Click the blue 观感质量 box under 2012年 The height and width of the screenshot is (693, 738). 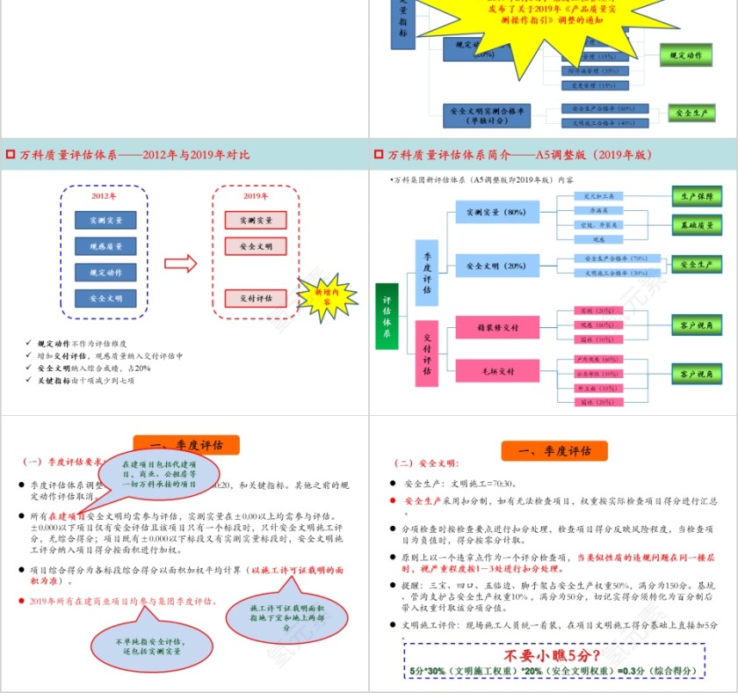tap(105, 246)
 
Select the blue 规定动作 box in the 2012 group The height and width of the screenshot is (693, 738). tap(105, 273)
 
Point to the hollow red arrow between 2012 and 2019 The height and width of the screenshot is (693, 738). tap(181, 262)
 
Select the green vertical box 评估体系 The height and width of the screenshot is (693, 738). tap(387, 316)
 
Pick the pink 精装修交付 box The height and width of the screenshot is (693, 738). tap(497, 327)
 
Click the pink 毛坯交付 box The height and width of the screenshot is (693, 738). tap(497, 371)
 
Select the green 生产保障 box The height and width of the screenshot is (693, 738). tap(697, 197)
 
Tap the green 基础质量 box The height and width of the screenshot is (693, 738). tap(697, 225)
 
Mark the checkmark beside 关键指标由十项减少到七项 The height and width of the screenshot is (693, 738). tap(31, 381)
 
